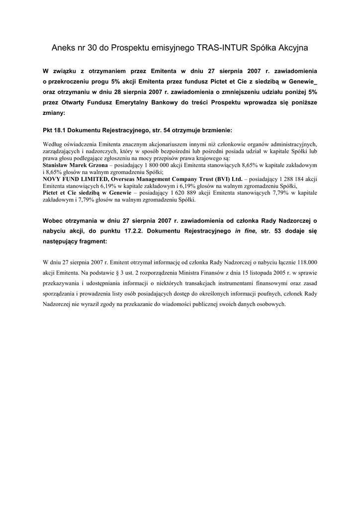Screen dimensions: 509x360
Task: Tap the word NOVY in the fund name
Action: [53, 178]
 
